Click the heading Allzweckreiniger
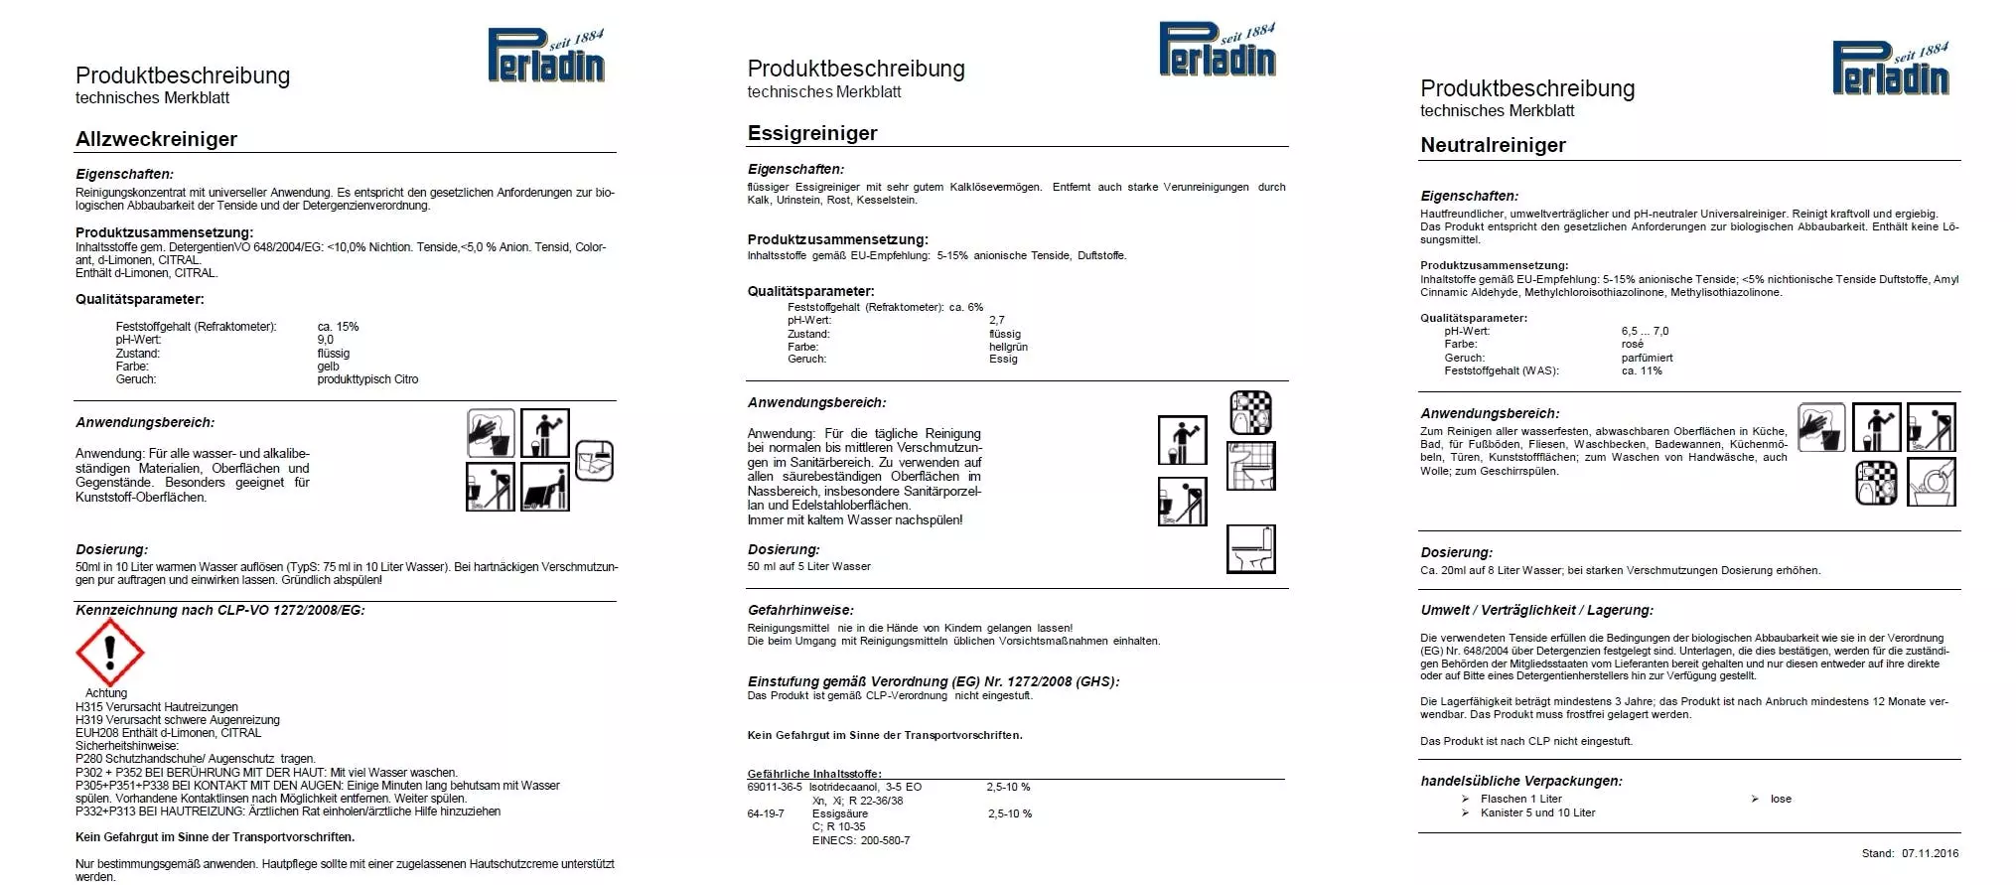[x=156, y=139]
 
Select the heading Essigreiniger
[x=812, y=133]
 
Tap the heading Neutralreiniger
[x=1493, y=145]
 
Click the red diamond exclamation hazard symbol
[x=110, y=653]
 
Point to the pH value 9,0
[x=325, y=340]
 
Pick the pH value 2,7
[x=996, y=321]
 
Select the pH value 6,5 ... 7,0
[x=1645, y=332]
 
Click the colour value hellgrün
[x=1008, y=347]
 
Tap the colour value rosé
[x=1632, y=345]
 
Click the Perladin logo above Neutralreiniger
[x=1890, y=69]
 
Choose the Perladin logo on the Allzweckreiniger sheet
[x=545, y=56]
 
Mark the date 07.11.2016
[x=1930, y=853]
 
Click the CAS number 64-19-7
[x=765, y=813]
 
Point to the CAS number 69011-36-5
[x=775, y=787]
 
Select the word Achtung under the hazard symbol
[x=106, y=693]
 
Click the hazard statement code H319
[x=89, y=720]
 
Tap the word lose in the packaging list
[x=1781, y=799]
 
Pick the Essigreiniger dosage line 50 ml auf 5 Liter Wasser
[x=808, y=567]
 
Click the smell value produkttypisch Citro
[x=367, y=379]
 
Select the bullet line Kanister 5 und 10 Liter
[x=1537, y=812]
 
